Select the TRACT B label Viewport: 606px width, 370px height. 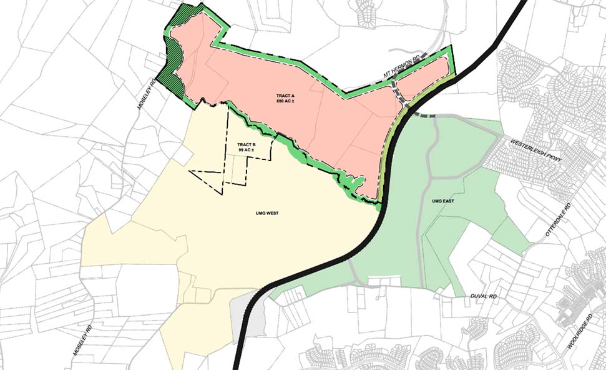coord(245,145)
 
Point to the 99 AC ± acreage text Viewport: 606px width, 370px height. coord(245,151)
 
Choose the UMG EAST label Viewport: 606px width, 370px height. coord(441,202)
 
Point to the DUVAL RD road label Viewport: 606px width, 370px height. coord(479,294)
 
